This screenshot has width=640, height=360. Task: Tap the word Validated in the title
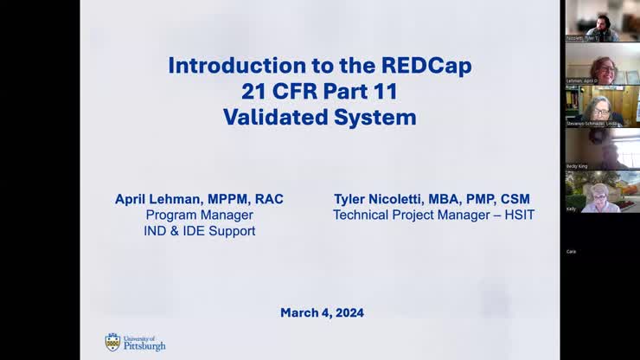pyautogui.click(x=273, y=117)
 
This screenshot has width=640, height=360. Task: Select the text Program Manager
pyautogui.click(x=199, y=215)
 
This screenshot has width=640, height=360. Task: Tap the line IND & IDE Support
pyautogui.click(x=199, y=231)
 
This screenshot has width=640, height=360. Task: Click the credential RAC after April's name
pyautogui.click(x=268, y=199)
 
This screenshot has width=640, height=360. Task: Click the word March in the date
pyautogui.click(x=298, y=312)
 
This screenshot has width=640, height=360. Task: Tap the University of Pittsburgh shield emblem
pyautogui.click(x=112, y=342)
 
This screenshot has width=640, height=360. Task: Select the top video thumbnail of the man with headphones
pyautogui.click(x=602, y=19)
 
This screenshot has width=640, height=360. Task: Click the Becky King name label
pyautogui.click(x=577, y=166)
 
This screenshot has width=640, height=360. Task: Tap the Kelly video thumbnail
pyautogui.click(x=602, y=190)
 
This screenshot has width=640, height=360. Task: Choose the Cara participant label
pyautogui.click(x=571, y=251)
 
